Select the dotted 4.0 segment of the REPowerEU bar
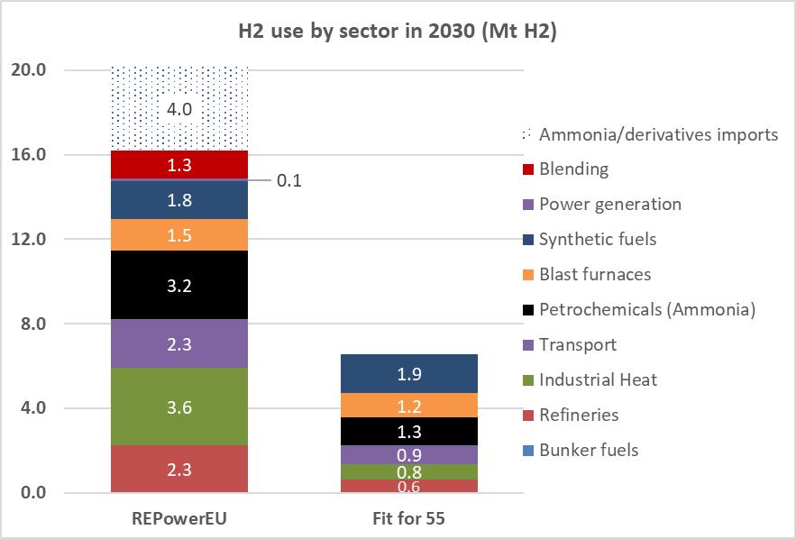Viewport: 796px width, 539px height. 178,109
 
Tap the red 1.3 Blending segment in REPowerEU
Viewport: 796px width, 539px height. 178,165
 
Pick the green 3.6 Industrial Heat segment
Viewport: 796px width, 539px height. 178,407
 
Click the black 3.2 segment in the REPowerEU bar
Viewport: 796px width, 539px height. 178,286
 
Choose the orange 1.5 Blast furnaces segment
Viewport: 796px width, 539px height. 178,234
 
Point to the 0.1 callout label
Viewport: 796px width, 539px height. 288,181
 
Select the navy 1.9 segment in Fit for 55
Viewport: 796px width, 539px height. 408,373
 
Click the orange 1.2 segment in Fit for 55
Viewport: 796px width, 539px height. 408,405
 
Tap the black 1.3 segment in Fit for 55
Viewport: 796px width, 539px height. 408,431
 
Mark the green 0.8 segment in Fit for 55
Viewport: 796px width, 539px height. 408,471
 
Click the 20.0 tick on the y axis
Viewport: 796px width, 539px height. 32,70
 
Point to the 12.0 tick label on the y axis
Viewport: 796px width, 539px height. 32,240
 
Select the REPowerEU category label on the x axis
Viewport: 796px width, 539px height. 178,520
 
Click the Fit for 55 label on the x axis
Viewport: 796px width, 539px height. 408,520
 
